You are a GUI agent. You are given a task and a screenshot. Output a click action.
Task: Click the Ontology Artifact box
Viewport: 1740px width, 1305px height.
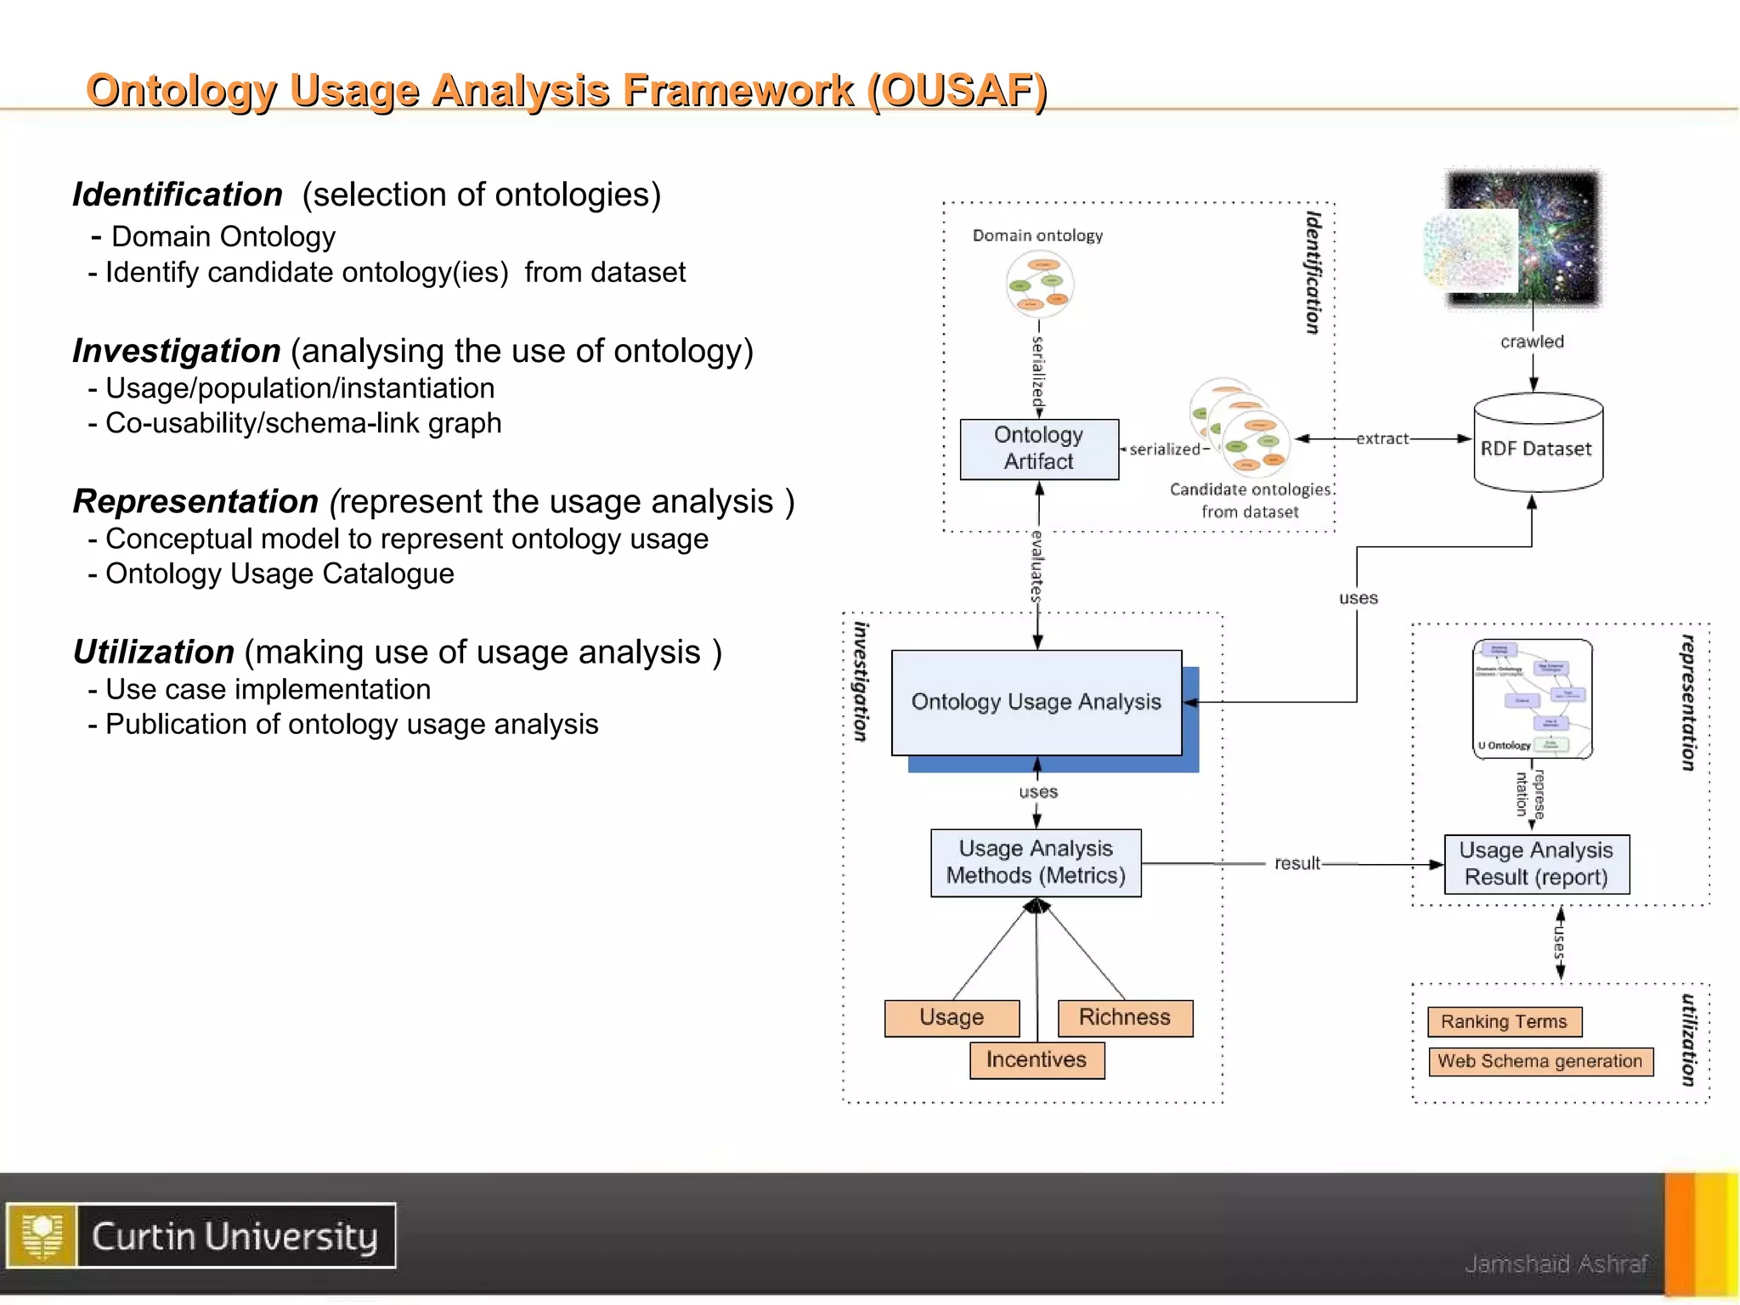click(x=1038, y=449)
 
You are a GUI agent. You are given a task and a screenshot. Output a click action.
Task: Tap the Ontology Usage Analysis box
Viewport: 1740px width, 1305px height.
click(x=1036, y=702)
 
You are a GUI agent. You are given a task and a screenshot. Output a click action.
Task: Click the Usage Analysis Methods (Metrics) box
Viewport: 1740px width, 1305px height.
click(x=1036, y=862)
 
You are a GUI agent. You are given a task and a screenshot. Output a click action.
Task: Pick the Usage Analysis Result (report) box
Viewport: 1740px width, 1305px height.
click(x=1536, y=864)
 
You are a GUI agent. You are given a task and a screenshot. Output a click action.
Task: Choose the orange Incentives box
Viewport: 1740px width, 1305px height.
click(x=1037, y=1059)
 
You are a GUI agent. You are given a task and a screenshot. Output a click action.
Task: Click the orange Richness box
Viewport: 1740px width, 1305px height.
click(x=1124, y=1017)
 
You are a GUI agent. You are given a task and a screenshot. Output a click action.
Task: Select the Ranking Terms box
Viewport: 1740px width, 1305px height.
click(x=1504, y=1021)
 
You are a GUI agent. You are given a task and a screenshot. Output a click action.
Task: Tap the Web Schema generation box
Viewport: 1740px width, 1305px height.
click(x=1539, y=1061)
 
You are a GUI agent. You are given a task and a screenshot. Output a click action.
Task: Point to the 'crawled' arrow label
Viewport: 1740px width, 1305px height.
click(x=1532, y=342)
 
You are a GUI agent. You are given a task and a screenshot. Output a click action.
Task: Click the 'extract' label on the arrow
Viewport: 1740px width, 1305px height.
click(x=1382, y=438)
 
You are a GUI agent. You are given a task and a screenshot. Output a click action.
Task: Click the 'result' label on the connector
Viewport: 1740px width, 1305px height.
click(x=1297, y=863)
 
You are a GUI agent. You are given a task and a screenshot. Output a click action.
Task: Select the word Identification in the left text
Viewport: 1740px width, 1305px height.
click(x=178, y=195)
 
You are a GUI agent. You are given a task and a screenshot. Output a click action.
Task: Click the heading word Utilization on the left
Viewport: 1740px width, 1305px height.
click(x=154, y=652)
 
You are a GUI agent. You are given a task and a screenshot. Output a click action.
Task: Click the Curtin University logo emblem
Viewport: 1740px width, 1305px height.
click(x=42, y=1235)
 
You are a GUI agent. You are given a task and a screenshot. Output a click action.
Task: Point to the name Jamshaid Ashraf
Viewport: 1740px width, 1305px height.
click(x=1556, y=1264)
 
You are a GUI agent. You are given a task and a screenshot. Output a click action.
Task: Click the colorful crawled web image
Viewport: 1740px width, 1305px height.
click(x=1521, y=238)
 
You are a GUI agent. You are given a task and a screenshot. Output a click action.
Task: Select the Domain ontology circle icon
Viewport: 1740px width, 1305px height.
click(x=1039, y=285)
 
